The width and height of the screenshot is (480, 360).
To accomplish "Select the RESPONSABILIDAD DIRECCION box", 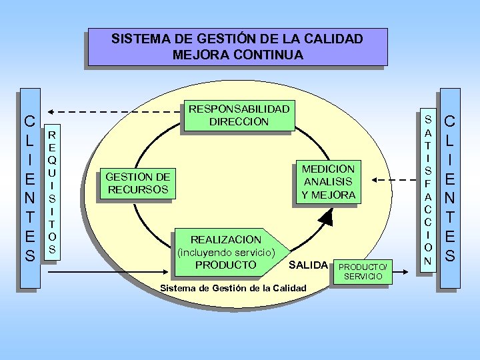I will click(x=239, y=115).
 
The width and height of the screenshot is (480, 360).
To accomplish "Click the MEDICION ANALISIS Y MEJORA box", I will click(x=329, y=181).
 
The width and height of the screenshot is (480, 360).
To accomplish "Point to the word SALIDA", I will click(x=308, y=265).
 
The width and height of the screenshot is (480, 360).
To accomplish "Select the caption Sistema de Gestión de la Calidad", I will click(x=234, y=288).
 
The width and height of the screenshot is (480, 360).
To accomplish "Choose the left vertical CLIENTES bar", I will click(x=29, y=189).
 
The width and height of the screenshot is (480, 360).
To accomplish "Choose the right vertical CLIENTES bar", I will click(x=450, y=189).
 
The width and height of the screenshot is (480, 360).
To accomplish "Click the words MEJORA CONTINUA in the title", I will click(x=237, y=54).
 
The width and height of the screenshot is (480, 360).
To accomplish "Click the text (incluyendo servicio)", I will click(x=227, y=252).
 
